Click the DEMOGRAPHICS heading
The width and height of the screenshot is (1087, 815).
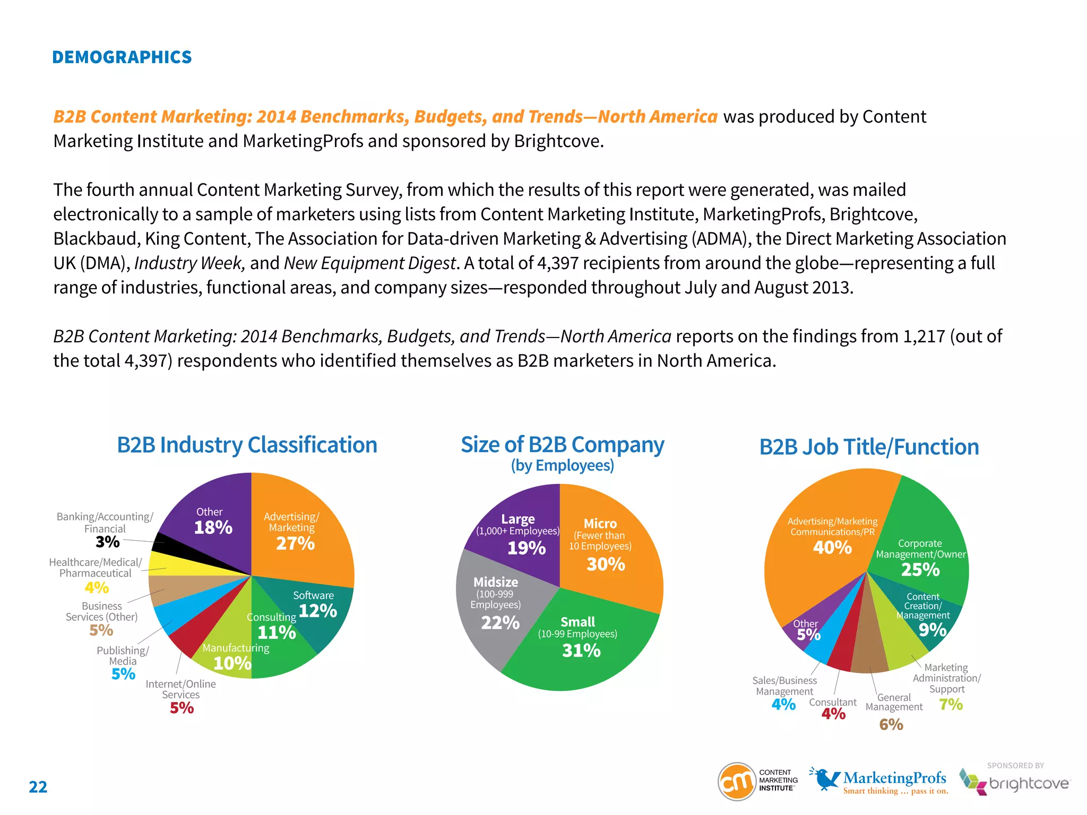coord(122,57)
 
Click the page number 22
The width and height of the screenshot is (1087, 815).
coord(38,786)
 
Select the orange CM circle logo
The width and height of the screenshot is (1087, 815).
coord(736,781)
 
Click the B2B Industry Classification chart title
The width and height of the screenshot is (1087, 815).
coord(247,445)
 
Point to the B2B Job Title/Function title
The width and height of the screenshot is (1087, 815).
coord(869,447)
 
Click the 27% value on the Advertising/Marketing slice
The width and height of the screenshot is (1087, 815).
coord(295,543)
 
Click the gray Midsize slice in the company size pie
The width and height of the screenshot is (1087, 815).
coord(494,610)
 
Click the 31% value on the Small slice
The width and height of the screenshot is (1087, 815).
coord(581,651)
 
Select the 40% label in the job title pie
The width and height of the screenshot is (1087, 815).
coord(832,548)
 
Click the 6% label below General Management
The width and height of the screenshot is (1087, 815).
coord(891,724)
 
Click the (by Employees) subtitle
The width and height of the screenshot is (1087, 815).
coord(562,465)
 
